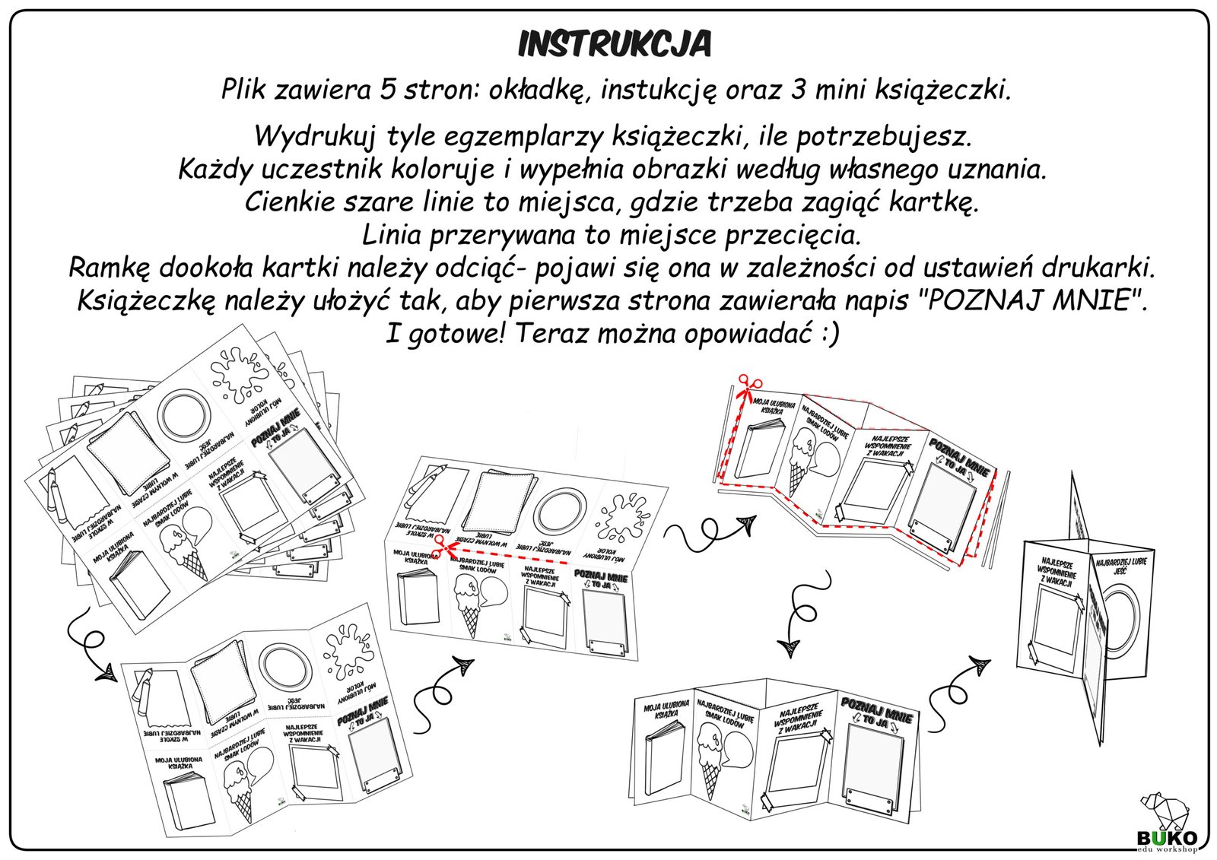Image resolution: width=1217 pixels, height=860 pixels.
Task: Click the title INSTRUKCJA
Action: [x=614, y=45]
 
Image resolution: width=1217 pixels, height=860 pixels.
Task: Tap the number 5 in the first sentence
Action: [x=387, y=90]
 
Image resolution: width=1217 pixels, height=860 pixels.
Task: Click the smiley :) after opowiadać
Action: [x=829, y=334]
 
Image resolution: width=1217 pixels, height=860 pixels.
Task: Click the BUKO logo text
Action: [x=1167, y=837]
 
